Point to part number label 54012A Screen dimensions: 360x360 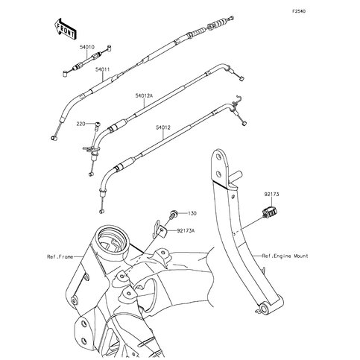(x=144, y=95)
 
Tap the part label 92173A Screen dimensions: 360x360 (x=187, y=230)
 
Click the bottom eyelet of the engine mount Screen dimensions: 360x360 (x=263, y=309)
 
